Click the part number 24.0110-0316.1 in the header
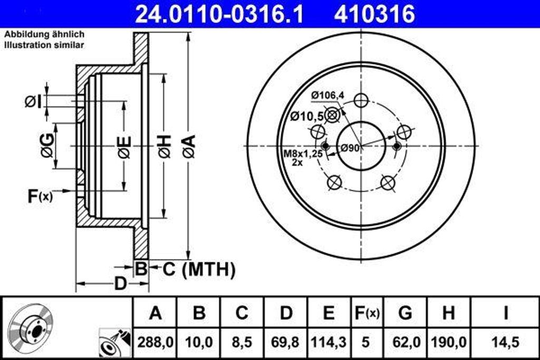point(219,14)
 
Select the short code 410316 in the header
point(374,14)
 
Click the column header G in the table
point(405,313)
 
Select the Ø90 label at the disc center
point(350,148)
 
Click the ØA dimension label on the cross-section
point(189,146)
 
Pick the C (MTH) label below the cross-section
point(198,270)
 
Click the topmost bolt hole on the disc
point(361,101)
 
